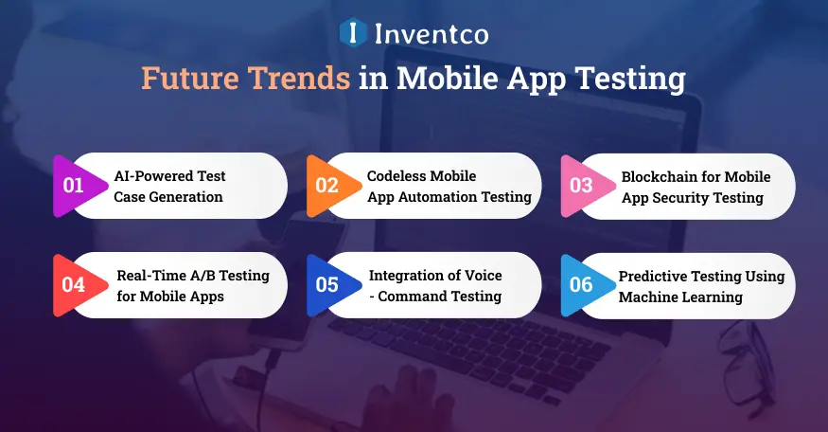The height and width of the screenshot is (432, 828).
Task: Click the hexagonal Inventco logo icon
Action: [353, 32]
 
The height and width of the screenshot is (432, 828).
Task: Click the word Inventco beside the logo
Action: [432, 34]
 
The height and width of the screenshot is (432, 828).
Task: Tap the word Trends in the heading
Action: [299, 78]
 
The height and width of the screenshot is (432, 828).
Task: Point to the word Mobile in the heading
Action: [448, 78]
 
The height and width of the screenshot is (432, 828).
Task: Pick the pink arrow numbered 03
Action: [586, 186]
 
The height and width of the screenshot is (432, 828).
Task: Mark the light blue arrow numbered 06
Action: [586, 285]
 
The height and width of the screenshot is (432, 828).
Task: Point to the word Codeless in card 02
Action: [396, 176]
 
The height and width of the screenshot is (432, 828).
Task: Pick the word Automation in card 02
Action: [432, 197]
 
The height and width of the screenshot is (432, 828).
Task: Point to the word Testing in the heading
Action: [630, 79]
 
